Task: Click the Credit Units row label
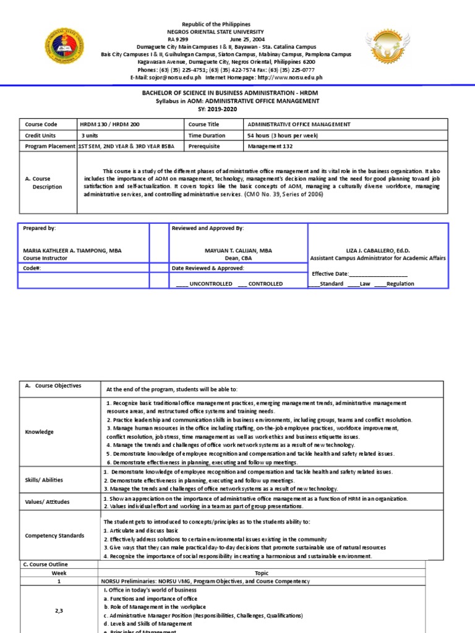[x=40, y=135]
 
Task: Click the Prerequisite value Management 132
[x=270, y=146]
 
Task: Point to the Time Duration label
[x=208, y=135]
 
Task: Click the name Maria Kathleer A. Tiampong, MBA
[x=72, y=250]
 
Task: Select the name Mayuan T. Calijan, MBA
[x=239, y=250]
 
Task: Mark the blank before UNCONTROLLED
[x=182, y=284]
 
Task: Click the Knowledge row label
[x=40, y=432]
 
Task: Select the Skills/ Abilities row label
[x=43, y=480]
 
